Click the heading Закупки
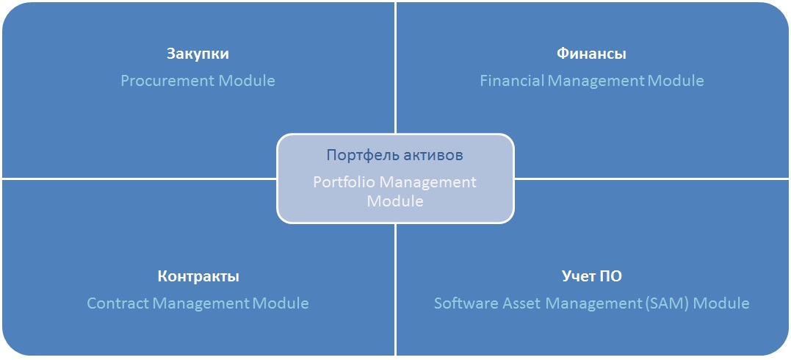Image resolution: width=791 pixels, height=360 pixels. pos(198,54)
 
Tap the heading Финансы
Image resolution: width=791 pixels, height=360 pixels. pos(592,54)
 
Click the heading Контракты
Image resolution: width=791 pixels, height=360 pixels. pos(198,277)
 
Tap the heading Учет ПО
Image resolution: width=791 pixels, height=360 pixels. pos(592,276)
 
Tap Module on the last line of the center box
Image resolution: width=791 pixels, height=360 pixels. pos(395,201)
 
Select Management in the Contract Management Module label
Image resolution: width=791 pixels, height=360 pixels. pos(201,303)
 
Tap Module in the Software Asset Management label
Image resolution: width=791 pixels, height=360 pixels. pos(720,303)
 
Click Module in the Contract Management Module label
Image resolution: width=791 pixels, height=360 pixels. pos(281,303)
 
